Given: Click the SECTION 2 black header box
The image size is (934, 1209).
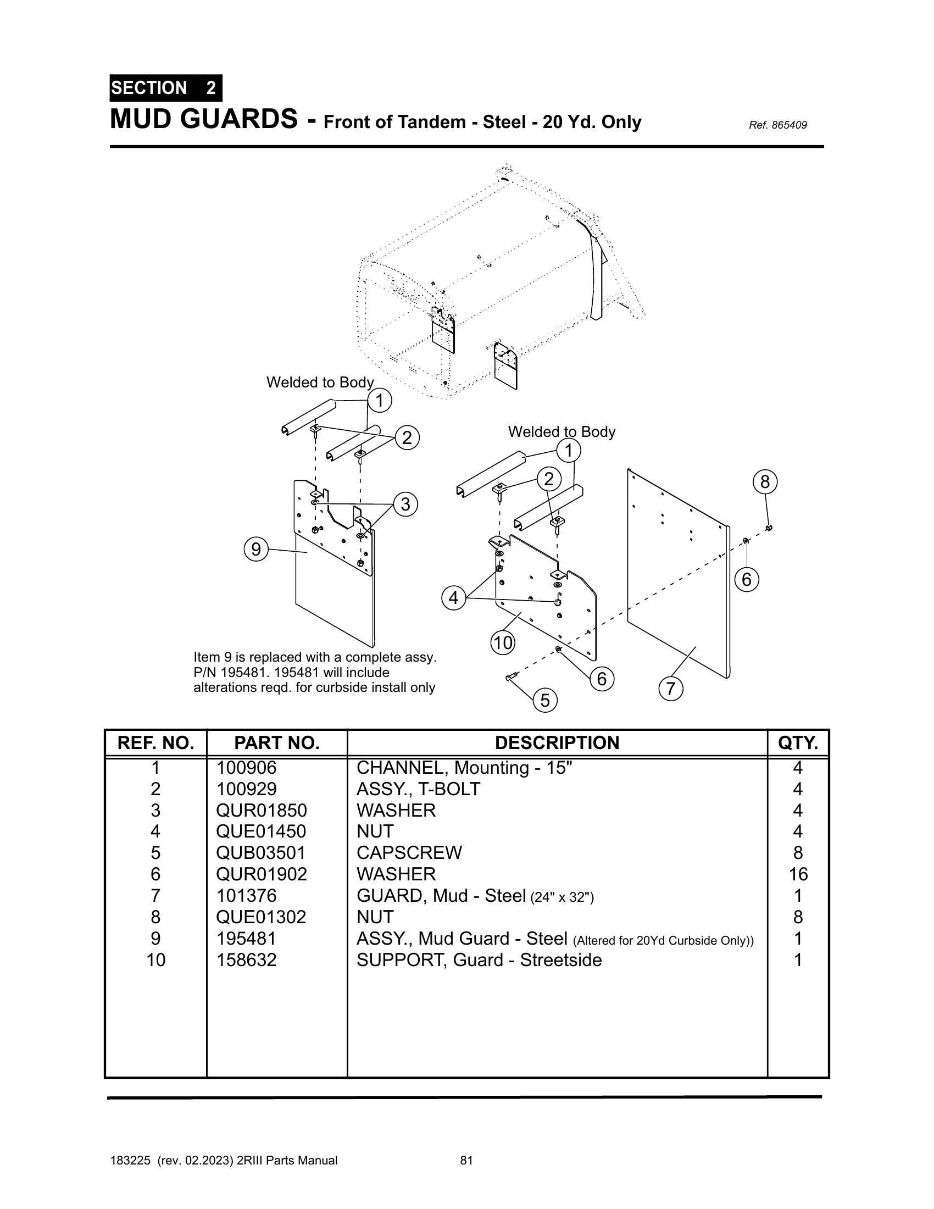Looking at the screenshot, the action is (x=166, y=88).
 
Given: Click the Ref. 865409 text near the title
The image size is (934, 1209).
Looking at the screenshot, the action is (x=777, y=125).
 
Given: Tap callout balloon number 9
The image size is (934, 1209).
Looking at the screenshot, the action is (x=256, y=549).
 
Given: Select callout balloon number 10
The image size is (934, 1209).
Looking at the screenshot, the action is (x=503, y=643).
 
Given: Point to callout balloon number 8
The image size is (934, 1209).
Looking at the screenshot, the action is (x=765, y=481).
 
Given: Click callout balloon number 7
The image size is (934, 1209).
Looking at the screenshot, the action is (x=671, y=689).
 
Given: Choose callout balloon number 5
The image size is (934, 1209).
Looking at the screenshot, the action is (x=545, y=700).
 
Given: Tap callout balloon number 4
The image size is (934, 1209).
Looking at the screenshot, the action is (x=454, y=598).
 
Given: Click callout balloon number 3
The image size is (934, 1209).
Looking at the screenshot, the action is (x=405, y=504).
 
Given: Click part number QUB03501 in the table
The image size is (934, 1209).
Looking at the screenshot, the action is (x=260, y=852).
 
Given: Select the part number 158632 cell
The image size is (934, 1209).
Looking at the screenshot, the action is (x=246, y=960).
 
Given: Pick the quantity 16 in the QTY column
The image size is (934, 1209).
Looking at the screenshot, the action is (x=798, y=874).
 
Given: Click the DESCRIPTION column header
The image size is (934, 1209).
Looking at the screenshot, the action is (x=557, y=743).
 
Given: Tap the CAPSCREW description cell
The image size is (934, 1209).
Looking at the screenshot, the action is (x=409, y=852).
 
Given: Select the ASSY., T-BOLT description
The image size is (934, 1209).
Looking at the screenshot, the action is (x=418, y=789).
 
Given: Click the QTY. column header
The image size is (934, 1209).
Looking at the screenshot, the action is (x=798, y=743).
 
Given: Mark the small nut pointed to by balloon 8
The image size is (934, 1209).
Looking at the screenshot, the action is (x=769, y=528).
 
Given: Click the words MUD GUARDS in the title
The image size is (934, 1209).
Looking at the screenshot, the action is (x=204, y=119).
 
